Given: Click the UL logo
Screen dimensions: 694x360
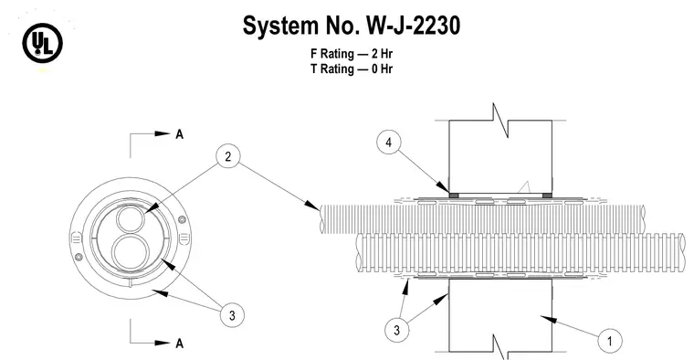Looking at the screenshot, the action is [43, 43].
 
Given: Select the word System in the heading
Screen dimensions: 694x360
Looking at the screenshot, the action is [280, 26].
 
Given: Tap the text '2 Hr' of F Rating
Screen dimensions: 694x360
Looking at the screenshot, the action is [382, 54].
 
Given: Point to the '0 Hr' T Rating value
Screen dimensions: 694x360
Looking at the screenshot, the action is [382, 69].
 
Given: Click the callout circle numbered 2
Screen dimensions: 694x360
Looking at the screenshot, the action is [228, 156].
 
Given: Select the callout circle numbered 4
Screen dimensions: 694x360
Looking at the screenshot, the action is [389, 143].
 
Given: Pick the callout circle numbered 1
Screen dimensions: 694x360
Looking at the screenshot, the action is [609, 341].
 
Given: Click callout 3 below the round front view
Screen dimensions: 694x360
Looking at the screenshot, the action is [232, 315].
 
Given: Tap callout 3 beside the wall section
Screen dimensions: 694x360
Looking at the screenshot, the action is [396, 330].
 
